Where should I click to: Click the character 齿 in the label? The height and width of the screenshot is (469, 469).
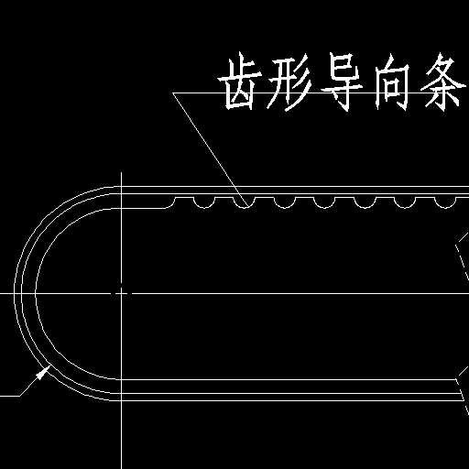coord(239,82)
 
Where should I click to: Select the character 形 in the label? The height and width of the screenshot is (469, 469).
coord(289,82)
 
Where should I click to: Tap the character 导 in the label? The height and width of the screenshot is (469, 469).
coord(342,82)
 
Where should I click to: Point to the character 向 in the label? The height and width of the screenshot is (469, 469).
coord(392,82)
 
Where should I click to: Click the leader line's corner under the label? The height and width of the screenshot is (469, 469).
coord(173,93)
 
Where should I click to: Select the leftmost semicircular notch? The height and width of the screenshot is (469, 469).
coord(204,203)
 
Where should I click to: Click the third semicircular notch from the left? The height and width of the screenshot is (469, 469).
coord(285,203)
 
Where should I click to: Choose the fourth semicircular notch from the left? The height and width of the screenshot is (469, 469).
coord(324,203)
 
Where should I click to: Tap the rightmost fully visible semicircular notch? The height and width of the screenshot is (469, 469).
coord(445,203)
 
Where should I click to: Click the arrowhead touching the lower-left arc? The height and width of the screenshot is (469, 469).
coord(43,373)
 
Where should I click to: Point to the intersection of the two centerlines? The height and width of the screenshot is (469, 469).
coord(121,293)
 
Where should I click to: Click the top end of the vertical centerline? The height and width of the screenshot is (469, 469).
coord(121,172)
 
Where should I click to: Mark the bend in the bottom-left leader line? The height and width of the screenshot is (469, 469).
coord(20,396)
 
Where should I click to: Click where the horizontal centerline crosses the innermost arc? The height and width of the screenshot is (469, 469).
coord(36,293)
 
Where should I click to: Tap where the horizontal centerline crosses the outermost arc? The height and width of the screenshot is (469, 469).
coord(14,293)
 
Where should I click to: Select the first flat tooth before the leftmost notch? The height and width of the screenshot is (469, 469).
coord(184,198)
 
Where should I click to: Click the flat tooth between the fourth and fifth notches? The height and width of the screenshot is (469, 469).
coord(344,198)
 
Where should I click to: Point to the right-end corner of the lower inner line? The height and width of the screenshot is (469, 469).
coord(456,379)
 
